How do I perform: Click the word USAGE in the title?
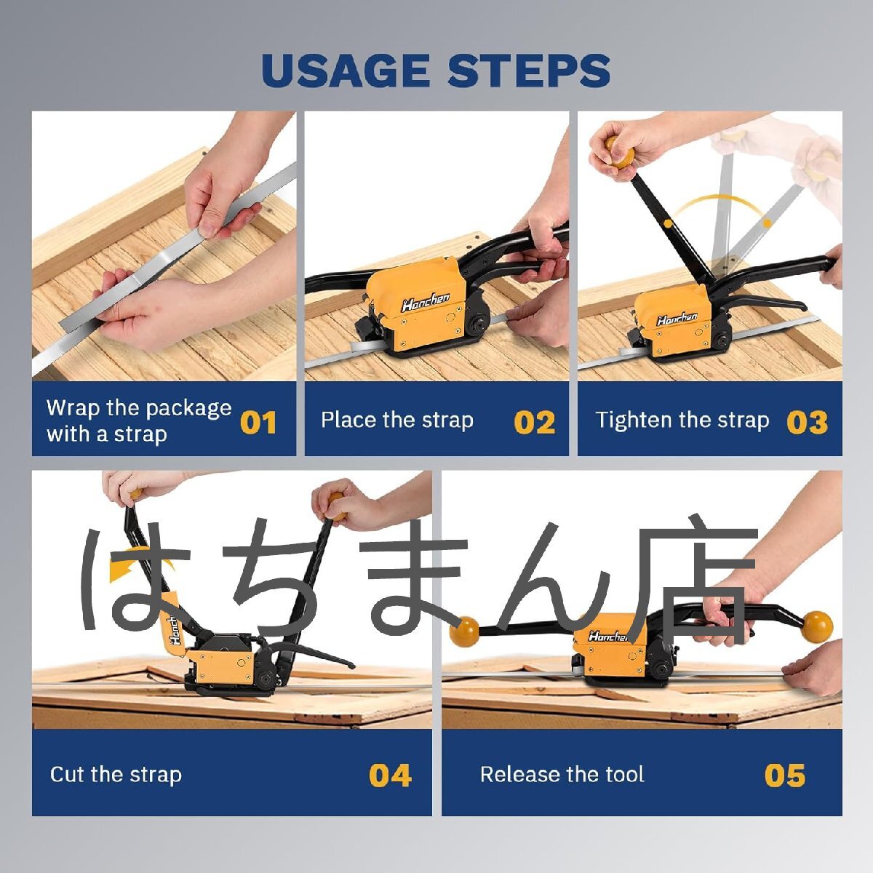tap(346, 71)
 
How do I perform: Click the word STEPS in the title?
tap(529, 71)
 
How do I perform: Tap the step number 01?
tap(258, 422)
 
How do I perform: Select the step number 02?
tap(535, 422)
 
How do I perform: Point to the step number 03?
tap(808, 422)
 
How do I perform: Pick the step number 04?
tap(390, 775)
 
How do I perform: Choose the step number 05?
tap(785, 775)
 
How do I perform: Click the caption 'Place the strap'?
tap(397, 420)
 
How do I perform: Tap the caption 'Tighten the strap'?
tap(682, 420)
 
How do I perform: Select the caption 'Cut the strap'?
tap(116, 774)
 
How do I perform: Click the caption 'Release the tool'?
tap(562, 774)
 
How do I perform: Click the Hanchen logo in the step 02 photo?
tap(426, 301)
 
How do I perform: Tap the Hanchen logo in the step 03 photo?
tap(677, 318)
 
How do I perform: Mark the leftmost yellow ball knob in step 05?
tap(463, 631)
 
